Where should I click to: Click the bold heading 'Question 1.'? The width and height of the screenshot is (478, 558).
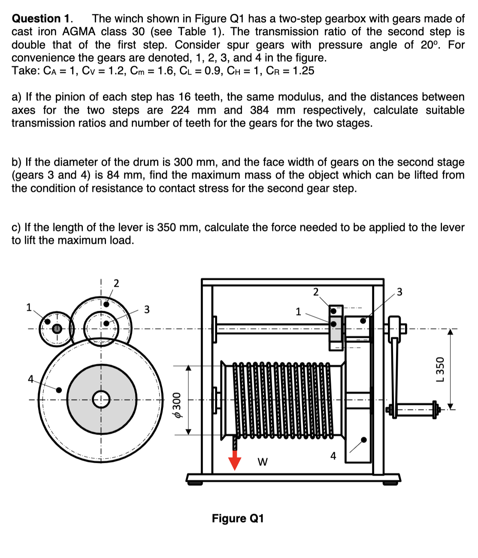[42, 18]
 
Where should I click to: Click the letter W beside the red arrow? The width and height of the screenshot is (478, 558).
[262, 462]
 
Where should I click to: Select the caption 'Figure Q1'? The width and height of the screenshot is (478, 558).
[238, 519]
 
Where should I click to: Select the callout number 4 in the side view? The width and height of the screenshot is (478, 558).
[333, 456]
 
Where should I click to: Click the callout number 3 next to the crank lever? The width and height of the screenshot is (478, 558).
[399, 292]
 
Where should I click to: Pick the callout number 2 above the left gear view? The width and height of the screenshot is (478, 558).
[116, 283]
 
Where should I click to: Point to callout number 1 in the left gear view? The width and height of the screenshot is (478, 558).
[29, 307]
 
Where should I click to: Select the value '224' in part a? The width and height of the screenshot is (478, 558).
[180, 110]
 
